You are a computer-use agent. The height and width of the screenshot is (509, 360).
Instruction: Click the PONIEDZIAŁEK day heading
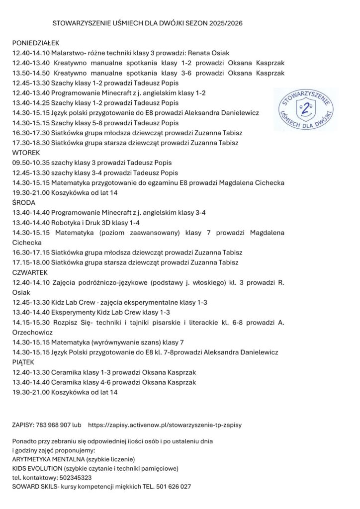(x=36, y=43)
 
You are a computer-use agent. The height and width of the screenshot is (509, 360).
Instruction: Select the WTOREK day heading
(x=26, y=153)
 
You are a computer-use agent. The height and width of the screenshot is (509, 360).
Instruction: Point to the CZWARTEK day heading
(x=30, y=272)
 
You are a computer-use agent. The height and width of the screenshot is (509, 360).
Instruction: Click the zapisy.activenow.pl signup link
(x=165, y=425)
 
